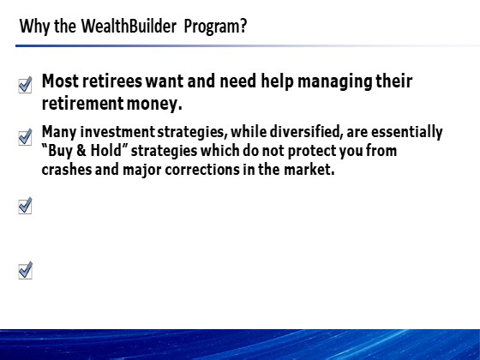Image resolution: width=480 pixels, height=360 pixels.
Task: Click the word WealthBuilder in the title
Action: click(129, 26)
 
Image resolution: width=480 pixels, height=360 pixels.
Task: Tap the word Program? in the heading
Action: click(215, 27)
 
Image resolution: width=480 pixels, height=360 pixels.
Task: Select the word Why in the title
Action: click(34, 27)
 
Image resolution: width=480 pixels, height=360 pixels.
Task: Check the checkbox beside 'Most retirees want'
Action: click(25, 85)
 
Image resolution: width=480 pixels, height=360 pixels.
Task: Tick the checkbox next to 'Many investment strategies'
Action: click(25, 137)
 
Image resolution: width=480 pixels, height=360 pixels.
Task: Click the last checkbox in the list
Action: click(25, 270)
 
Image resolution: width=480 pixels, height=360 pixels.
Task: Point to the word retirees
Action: click(112, 81)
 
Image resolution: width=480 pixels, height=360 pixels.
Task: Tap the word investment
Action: click(117, 132)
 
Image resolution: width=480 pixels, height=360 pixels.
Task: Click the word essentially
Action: click(407, 133)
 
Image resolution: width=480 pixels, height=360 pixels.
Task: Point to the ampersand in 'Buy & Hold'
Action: click(81, 151)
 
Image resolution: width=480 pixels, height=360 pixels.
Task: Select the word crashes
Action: click(67, 170)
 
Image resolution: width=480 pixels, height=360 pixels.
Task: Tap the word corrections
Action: click(202, 170)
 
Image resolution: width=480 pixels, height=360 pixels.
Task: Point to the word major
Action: click(141, 171)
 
